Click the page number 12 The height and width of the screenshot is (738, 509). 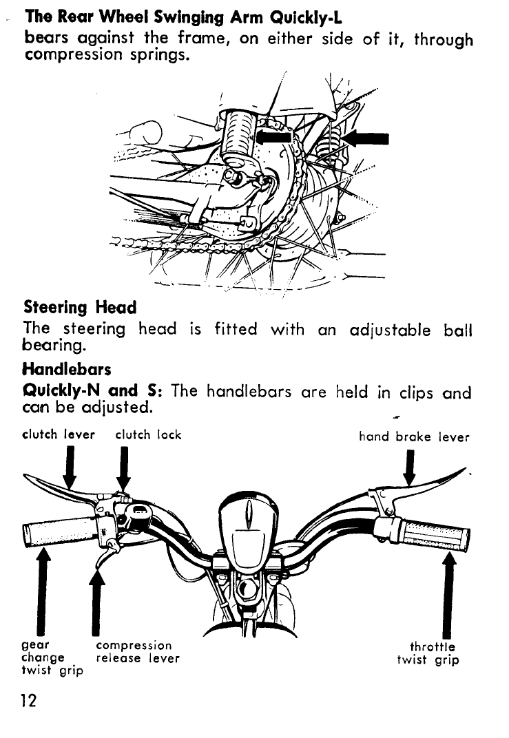pos(28,701)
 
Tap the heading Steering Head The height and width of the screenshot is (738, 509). pos(80,306)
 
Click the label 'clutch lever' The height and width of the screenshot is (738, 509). pos(59,435)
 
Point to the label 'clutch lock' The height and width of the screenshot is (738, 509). pos(148,435)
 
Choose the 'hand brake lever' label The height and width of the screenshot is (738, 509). pos(414,436)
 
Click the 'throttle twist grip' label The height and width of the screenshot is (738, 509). pos(428,653)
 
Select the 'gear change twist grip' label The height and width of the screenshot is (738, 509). pos(52,658)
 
